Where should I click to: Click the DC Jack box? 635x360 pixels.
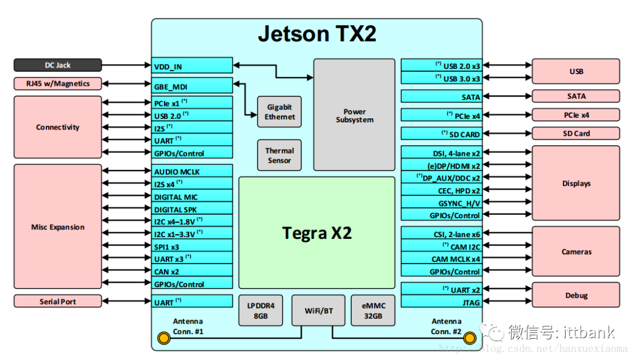(58, 65)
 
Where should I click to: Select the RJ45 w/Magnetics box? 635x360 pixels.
(58, 84)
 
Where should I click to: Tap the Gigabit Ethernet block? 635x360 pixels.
(279, 112)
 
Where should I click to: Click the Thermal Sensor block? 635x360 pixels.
(279, 155)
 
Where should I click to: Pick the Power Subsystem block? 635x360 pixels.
(354, 115)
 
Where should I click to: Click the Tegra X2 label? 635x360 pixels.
(316, 233)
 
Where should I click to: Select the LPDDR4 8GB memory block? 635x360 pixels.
(260, 310)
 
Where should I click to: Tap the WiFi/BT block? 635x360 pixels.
(318, 310)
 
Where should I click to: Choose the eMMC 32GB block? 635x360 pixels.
(373, 310)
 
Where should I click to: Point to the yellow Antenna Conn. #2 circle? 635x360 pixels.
(469, 338)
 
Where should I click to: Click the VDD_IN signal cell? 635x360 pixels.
(192, 66)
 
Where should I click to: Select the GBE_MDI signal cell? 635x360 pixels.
(192, 85)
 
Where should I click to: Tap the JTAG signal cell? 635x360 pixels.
(441, 302)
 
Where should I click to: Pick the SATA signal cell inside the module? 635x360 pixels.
(441, 96)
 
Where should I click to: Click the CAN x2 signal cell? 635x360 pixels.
(192, 272)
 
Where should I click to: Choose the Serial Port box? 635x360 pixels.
(58, 301)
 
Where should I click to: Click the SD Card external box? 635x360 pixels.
(576, 134)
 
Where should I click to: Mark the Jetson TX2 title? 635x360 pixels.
(317, 34)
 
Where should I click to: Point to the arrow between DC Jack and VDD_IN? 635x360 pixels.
(126, 65)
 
